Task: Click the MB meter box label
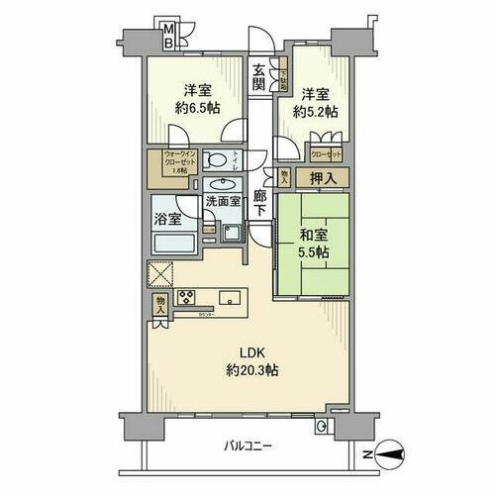[168, 36]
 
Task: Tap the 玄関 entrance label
[257, 76]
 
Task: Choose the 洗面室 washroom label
[223, 201]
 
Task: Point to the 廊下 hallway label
[258, 203]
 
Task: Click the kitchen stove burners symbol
[186, 296]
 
